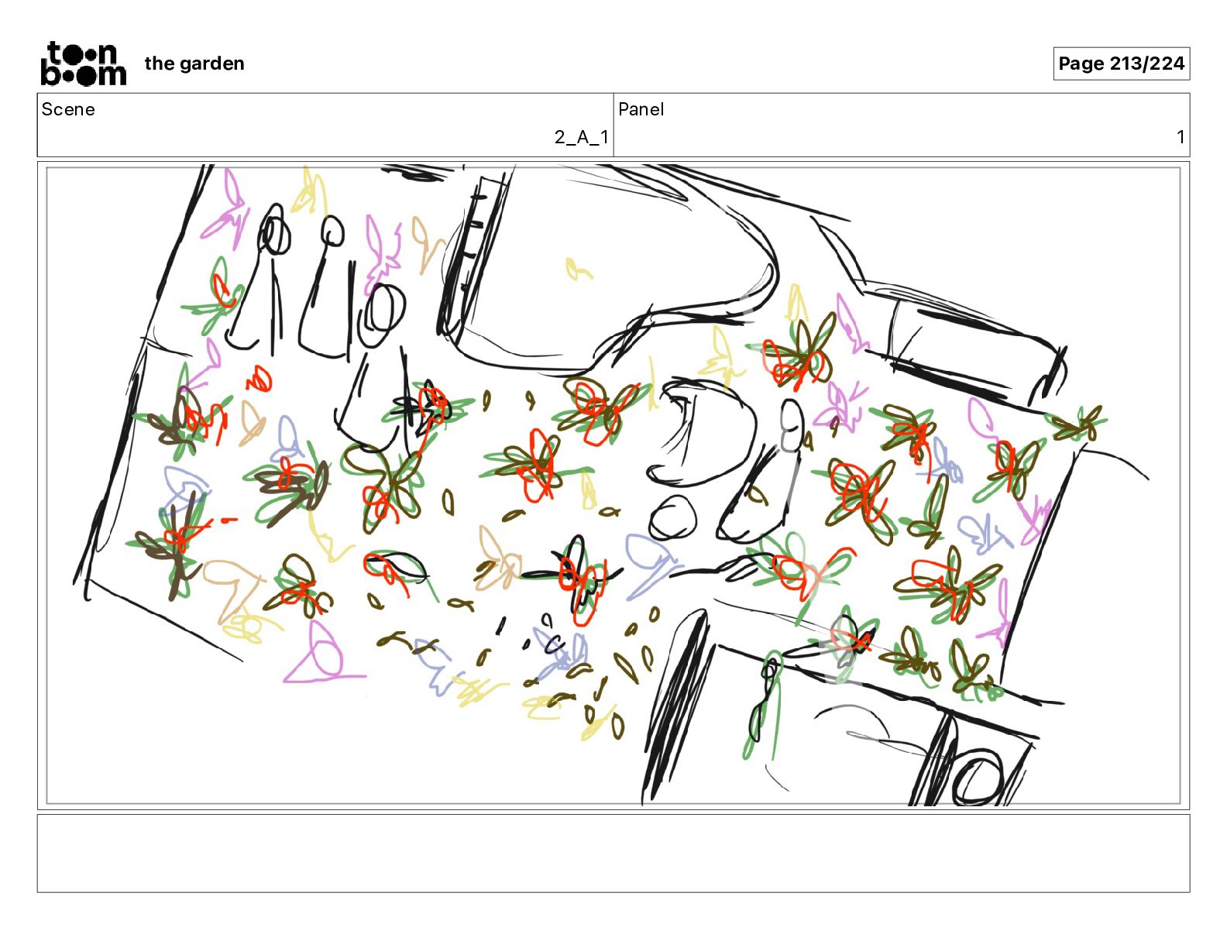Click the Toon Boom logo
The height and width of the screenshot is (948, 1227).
[84, 64]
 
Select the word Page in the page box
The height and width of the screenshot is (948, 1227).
[1081, 64]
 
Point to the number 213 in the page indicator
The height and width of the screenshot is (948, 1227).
[1125, 64]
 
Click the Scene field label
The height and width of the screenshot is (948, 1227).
[68, 109]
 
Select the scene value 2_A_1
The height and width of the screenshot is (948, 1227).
[581, 137]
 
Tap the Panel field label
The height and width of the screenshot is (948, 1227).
[641, 109]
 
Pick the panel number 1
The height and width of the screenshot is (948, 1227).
[1180, 137]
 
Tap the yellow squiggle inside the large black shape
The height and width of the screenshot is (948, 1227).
[578, 270]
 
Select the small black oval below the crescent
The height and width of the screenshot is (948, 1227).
[672, 517]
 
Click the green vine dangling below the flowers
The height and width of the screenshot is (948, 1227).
[763, 706]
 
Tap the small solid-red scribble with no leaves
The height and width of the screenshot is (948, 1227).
[259, 379]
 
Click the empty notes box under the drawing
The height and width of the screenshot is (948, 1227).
[613, 854]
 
